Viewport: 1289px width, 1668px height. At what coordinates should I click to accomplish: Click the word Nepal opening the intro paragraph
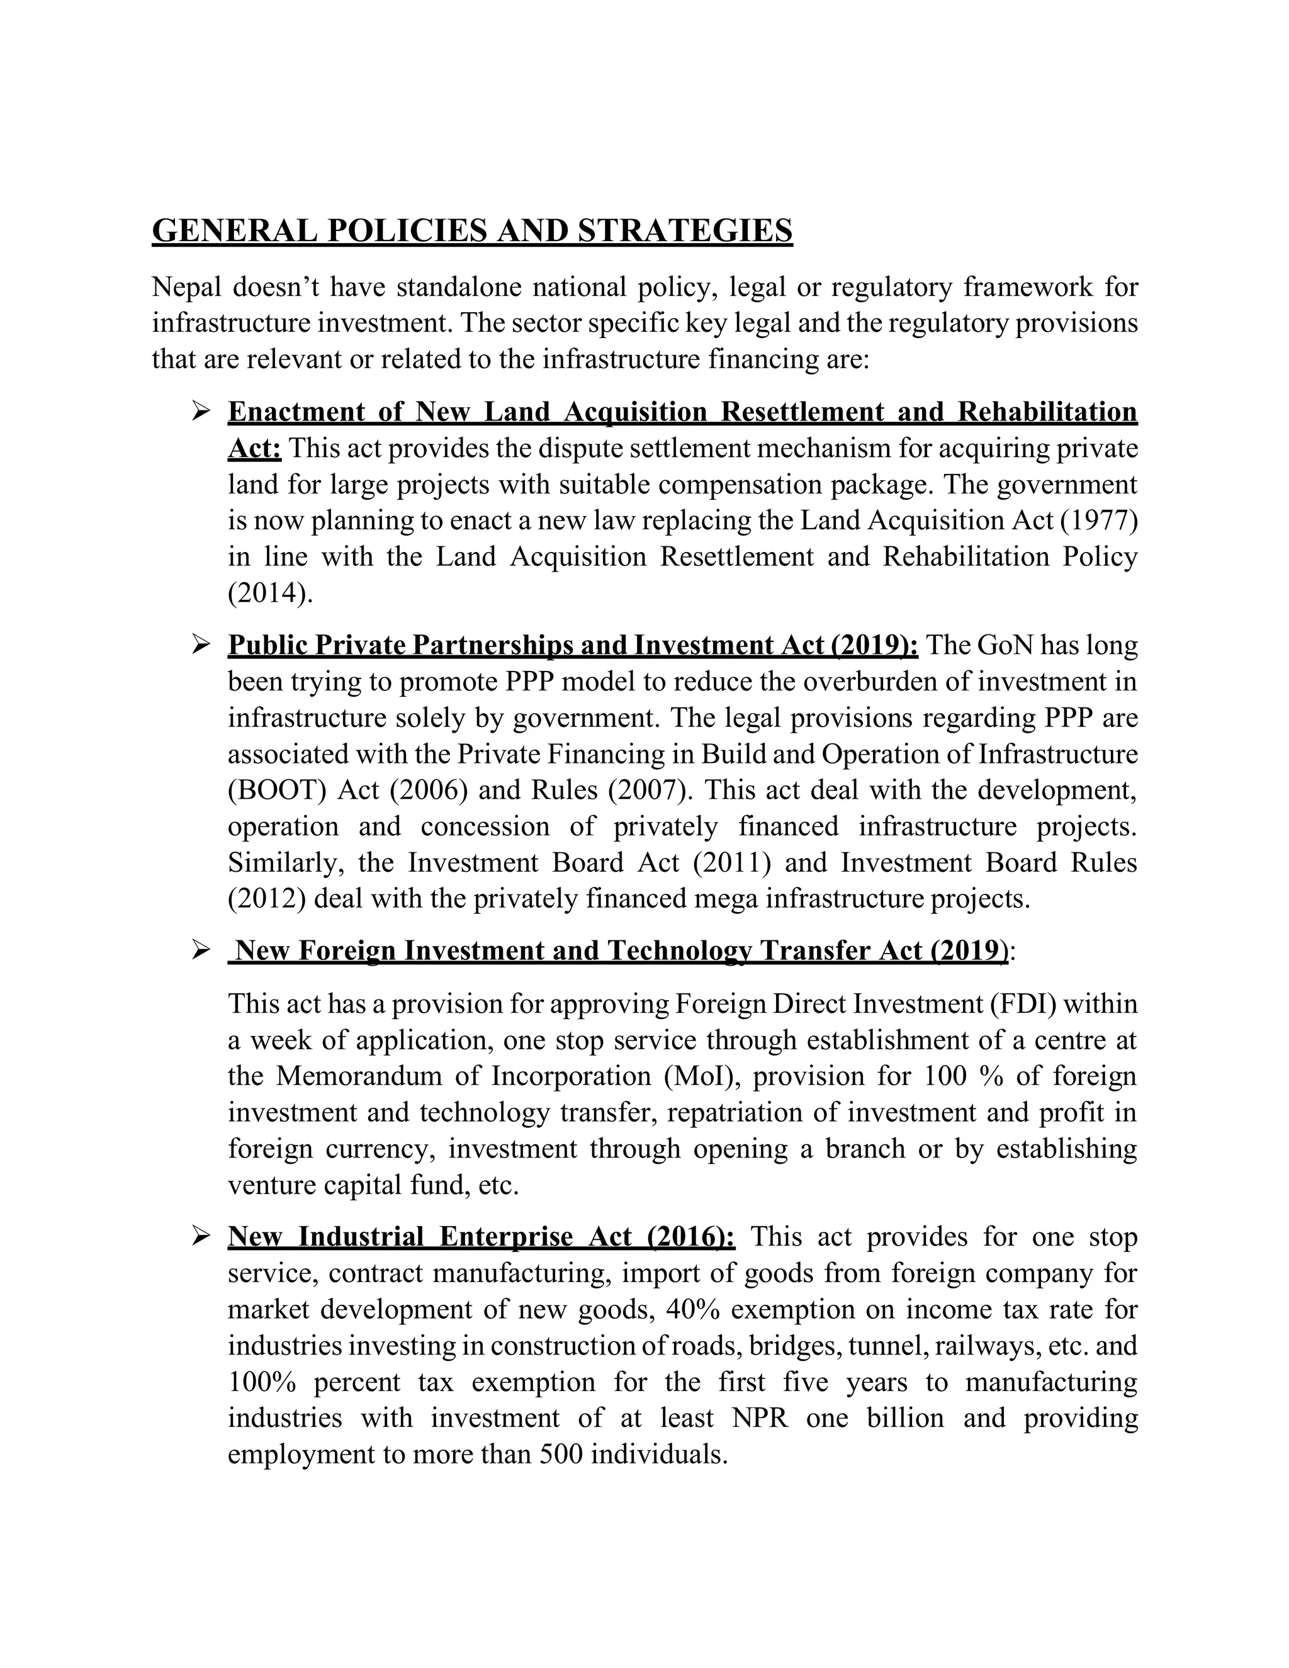coord(186,287)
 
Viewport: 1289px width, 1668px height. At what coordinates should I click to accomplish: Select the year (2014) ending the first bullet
coord(269,594)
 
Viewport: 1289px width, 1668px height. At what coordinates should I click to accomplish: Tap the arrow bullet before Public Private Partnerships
coord(201,645)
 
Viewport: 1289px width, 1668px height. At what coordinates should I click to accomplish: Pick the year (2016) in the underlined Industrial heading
coord(690,1237)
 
